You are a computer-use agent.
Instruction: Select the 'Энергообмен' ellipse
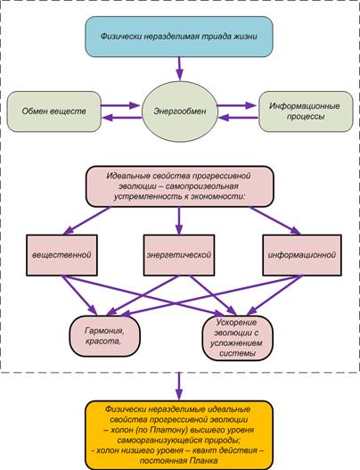(x=179, y=111)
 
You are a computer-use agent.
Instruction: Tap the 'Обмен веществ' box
(x=53, y=111)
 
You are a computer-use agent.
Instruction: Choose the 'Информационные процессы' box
(x=306, y=111)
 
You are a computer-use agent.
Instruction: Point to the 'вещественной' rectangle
(x=61, y=255)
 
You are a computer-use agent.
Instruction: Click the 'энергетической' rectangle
(x=179, y=255)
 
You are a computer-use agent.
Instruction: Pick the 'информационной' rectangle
(x=302, y=255)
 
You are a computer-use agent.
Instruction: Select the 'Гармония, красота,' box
(x=105, y=336)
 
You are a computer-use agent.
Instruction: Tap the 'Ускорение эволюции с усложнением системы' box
(x=238, y=338)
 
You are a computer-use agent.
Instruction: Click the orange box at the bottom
(x=179, y=435)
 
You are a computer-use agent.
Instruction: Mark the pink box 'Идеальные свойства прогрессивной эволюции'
(x=180, y=186)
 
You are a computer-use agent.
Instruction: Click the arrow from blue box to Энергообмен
(x=179, y=69)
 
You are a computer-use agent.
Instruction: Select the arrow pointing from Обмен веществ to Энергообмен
(x=120, y=105)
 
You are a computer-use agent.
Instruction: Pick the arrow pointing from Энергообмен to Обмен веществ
(x=122, y=118)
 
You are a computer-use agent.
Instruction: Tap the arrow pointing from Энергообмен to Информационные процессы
(x=237, y=105)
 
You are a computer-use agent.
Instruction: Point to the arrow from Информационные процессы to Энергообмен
(x=238, y=118)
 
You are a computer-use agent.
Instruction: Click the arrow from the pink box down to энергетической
(x=179, y=220)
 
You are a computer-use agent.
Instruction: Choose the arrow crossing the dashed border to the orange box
(x=179, y=386)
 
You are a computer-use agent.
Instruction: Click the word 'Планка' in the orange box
(x=203, y=461)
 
